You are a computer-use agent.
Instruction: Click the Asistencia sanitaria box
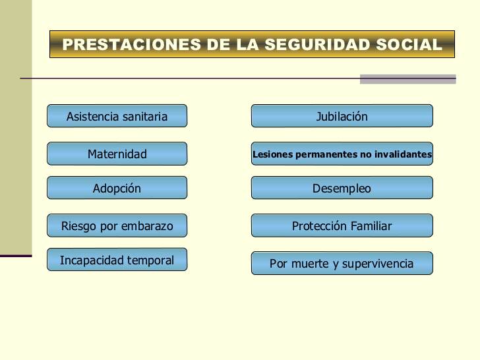point(117,116)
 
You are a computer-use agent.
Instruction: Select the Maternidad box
point(117,154)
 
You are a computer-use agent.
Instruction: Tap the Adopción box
point(117,188)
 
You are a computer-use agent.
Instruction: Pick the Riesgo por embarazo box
point(117,225)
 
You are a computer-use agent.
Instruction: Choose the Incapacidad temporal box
point(117,260)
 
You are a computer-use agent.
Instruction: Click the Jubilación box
point(342,116)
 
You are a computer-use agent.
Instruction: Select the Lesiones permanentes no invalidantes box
point(342,154)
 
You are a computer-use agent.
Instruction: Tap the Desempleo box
point(342,188)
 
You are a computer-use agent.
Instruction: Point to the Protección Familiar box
point(342,225)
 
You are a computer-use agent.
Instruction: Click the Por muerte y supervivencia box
point(342,263)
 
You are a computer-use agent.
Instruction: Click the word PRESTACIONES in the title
point(132,44)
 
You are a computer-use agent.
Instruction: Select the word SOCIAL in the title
point(409,44)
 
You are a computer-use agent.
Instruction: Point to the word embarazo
point(147,226)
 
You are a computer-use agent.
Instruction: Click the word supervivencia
point(377,264)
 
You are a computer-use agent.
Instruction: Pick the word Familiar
point(371,226)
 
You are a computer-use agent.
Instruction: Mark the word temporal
point(150,260)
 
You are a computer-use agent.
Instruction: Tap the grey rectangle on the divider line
point(407,79)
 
